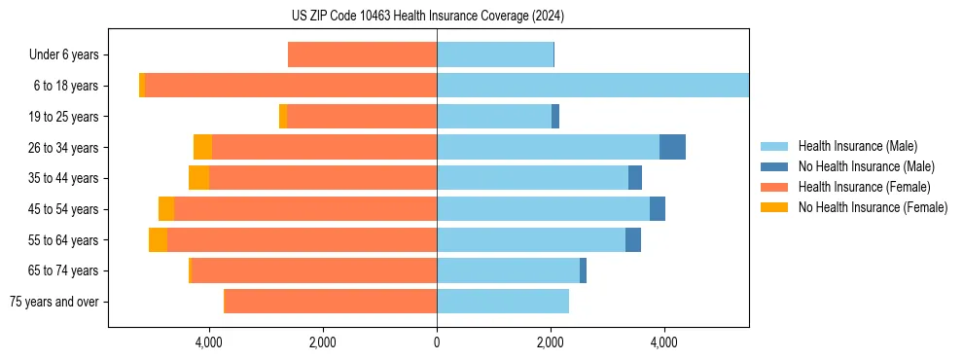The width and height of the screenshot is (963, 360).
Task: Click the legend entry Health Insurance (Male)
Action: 857,146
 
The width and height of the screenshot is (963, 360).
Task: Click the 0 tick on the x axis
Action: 437,342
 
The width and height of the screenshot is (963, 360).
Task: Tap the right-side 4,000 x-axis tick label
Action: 664,342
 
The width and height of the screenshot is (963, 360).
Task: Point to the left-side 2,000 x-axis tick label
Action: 322,342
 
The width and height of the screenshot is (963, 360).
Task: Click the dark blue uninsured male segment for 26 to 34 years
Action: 672,147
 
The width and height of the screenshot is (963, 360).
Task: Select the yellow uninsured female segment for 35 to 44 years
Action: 198,178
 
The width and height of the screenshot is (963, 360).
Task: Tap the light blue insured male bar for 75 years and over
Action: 503,302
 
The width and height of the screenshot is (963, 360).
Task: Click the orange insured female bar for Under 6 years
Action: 362,55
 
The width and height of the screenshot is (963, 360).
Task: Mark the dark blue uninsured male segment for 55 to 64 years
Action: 633,239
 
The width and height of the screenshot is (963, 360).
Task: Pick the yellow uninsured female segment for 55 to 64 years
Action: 158,239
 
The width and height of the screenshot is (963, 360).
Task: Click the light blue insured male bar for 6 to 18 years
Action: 592,86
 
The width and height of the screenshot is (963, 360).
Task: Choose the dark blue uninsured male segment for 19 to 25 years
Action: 555,117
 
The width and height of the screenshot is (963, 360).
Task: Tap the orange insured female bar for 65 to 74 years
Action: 314,270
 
